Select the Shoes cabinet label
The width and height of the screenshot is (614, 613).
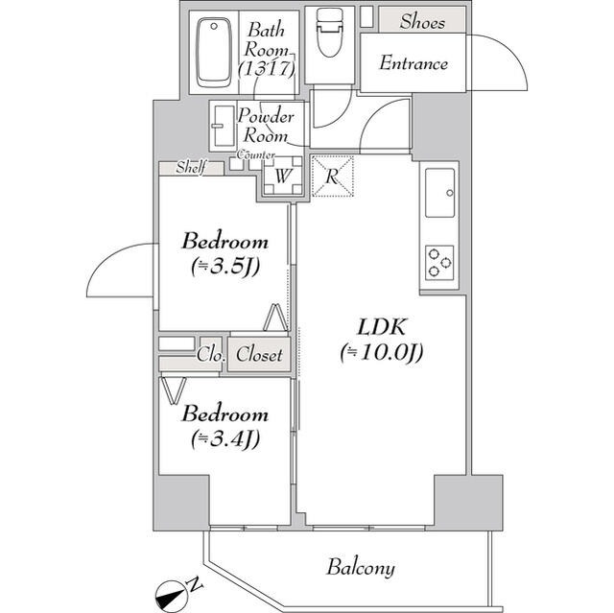tap(422, 21)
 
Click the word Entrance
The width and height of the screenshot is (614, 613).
tap(413, 64)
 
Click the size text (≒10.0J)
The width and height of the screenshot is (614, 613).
tap(380, 353)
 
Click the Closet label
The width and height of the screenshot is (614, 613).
tap(259, 355)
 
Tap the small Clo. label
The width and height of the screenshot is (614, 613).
tap(210, 355)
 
